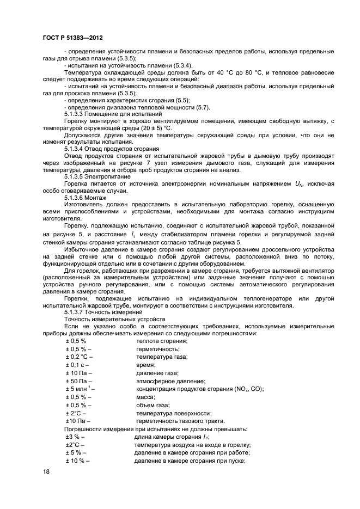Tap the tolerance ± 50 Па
[x=78, y=381]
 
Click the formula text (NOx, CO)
[x=244, y=389]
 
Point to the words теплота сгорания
[x=161, y=341]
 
